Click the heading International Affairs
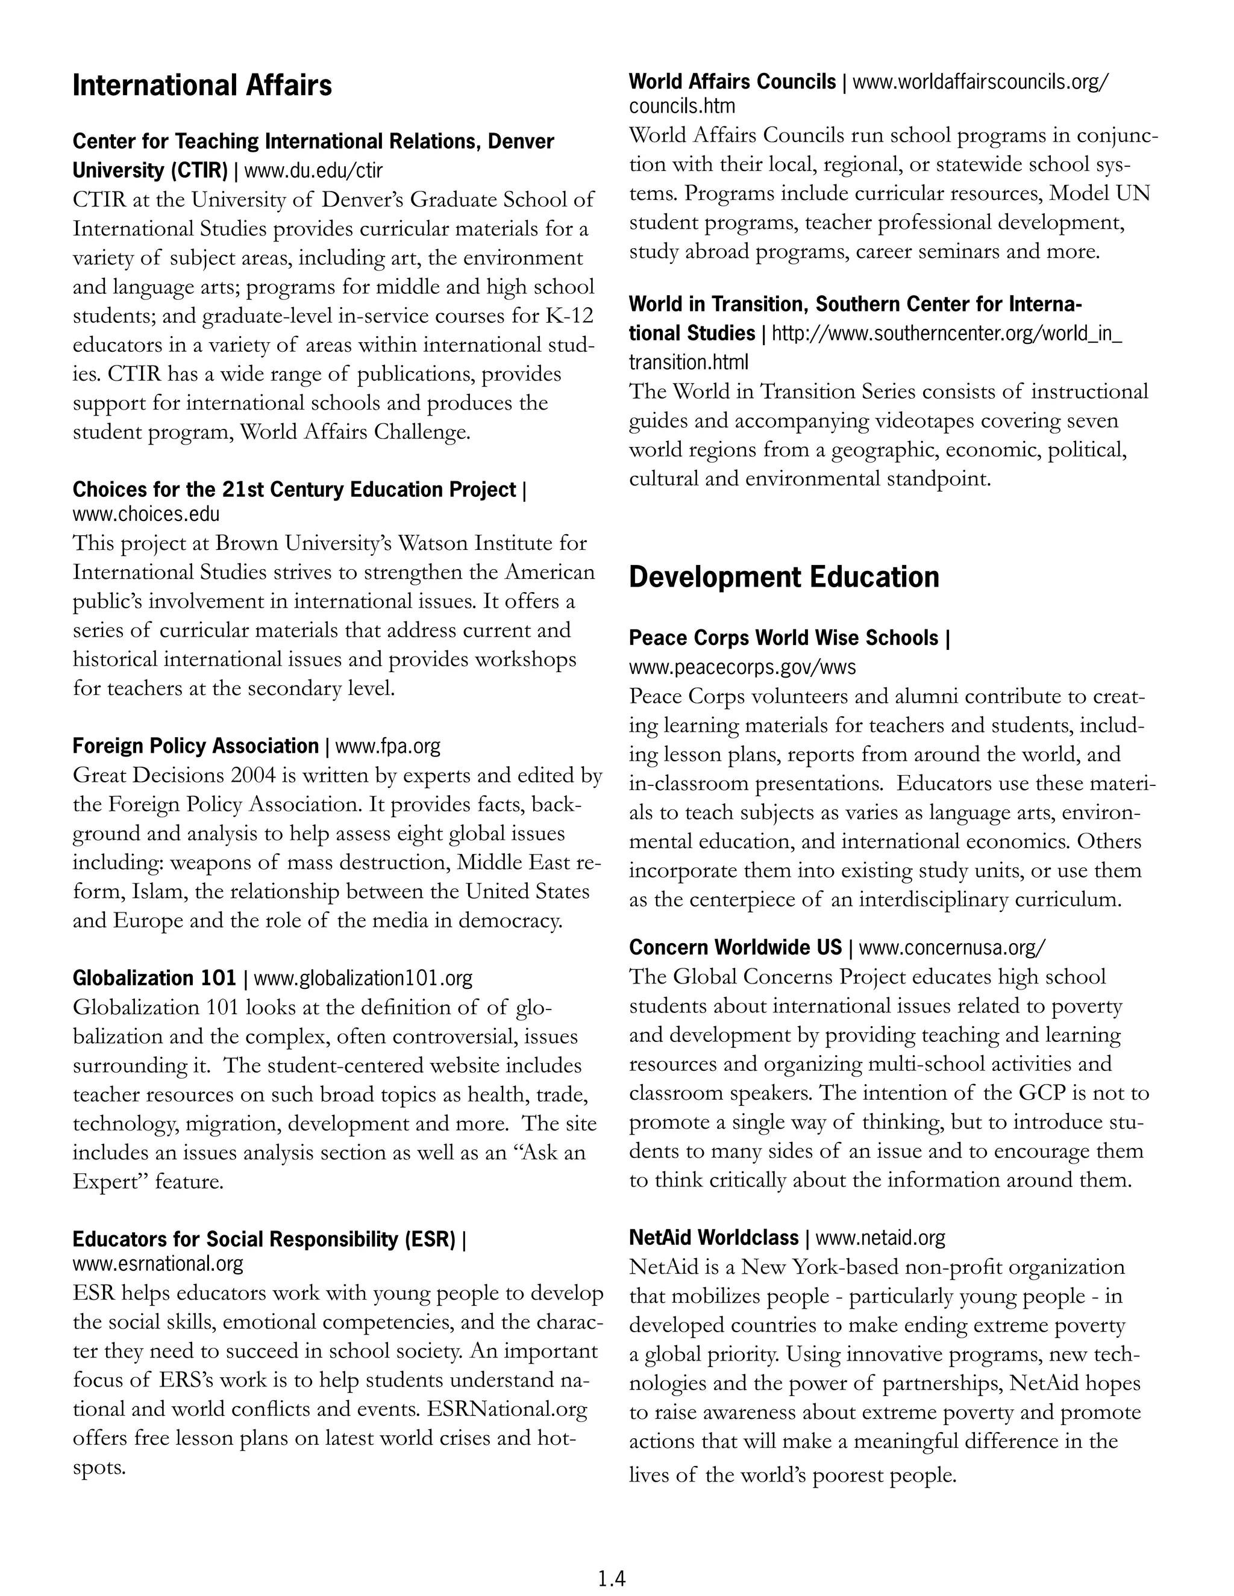[202, 86]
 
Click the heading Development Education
[784, 578]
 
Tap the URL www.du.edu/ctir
[313, 171]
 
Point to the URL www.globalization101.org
[363, 977]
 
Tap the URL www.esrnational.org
[158, 1263]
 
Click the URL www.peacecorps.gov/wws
[742, 667]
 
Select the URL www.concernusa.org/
[952, 948]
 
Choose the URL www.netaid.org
[880, 1238]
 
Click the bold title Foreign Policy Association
[195, 746]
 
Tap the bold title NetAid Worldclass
[713, 1238]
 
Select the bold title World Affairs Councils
[731, 82]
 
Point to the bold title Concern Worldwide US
[736, 948]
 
